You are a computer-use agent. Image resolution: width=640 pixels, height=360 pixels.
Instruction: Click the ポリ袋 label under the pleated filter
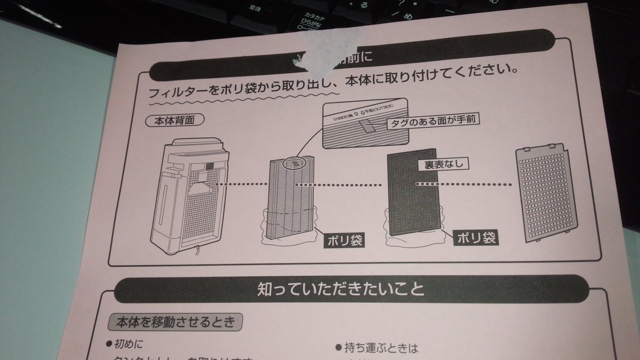pos(345,240)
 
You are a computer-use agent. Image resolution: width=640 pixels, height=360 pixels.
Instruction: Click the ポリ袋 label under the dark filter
pos(475,238)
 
